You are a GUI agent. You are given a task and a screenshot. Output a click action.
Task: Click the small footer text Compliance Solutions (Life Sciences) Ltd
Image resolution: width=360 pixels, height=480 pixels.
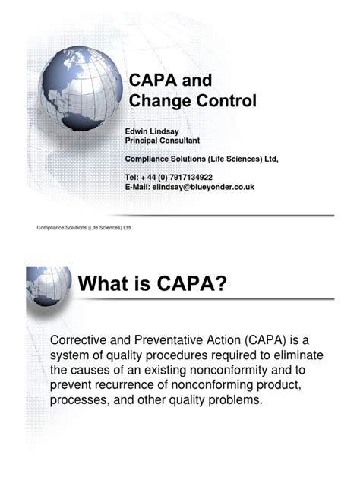tap(84, 228)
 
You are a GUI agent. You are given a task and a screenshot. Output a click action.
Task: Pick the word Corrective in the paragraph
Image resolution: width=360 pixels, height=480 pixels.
tap(81, 339)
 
